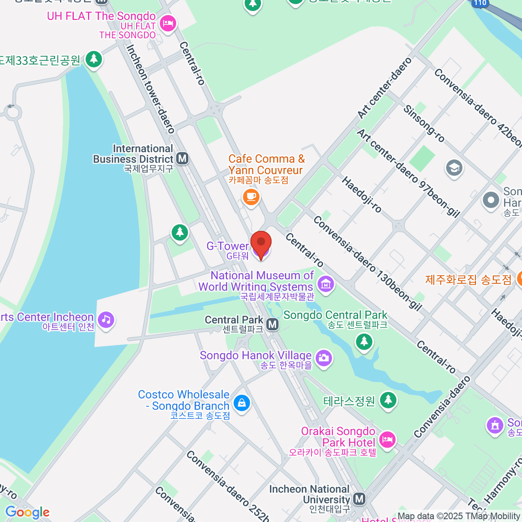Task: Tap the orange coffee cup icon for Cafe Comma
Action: (251, 197)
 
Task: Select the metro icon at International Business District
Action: (183, 158)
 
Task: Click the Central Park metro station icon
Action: (273, 324)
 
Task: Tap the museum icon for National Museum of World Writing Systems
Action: (325, 284)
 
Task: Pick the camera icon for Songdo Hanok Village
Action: (323, 358)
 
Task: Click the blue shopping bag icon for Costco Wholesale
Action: (241, 403)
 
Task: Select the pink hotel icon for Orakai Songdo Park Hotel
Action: (387, 439)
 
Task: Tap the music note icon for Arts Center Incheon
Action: (106, 320)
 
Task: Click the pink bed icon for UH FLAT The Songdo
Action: (167, 23)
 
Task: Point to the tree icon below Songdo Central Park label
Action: (364, 341)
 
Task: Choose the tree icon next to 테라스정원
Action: (388, 400)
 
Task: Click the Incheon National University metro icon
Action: (359, 499)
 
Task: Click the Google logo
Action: (27, 512)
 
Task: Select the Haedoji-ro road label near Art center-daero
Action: (361, 194)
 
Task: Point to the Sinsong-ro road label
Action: (424, 124)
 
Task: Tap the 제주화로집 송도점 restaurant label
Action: (468, 279)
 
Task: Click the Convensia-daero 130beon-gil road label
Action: (368, 264)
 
